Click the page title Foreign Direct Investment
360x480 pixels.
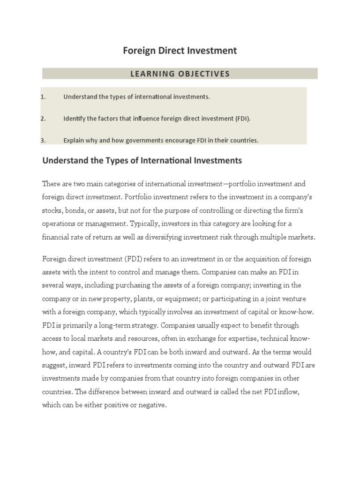coord(180,51)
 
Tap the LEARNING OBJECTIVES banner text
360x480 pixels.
coord(180,74)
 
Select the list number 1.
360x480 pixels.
coord(43,97)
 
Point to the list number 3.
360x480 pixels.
coord(43,140)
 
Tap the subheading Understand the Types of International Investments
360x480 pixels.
coord(142,161)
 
